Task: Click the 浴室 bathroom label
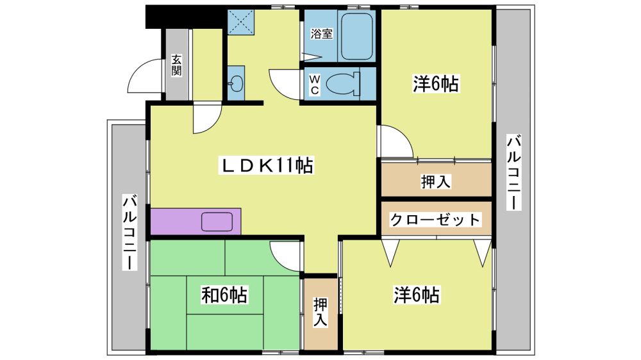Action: point(321,33)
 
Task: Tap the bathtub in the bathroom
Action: point(357,36)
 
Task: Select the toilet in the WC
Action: point(343,83)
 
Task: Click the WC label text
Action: point(314,85)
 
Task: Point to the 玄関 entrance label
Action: point(176,65)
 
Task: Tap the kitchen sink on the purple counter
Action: point(217,222)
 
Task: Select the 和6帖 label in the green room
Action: point(224,295)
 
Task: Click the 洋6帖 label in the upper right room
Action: point(436,83)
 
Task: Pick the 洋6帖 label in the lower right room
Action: point(417,295)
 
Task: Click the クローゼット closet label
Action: point(435,220)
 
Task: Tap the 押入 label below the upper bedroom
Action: point(436,181)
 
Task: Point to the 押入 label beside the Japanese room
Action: point(320,312)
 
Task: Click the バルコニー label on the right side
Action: point(514,172)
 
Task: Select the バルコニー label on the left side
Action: point(130,233)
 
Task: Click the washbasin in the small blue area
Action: point(236,83)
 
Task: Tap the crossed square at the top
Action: point(241,22)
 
